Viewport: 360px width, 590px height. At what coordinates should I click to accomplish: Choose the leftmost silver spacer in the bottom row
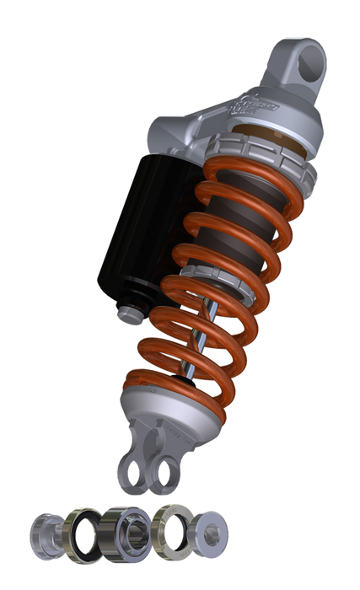(x=45, y=533)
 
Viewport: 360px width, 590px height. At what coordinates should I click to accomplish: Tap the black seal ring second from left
(x=83, y=533)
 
